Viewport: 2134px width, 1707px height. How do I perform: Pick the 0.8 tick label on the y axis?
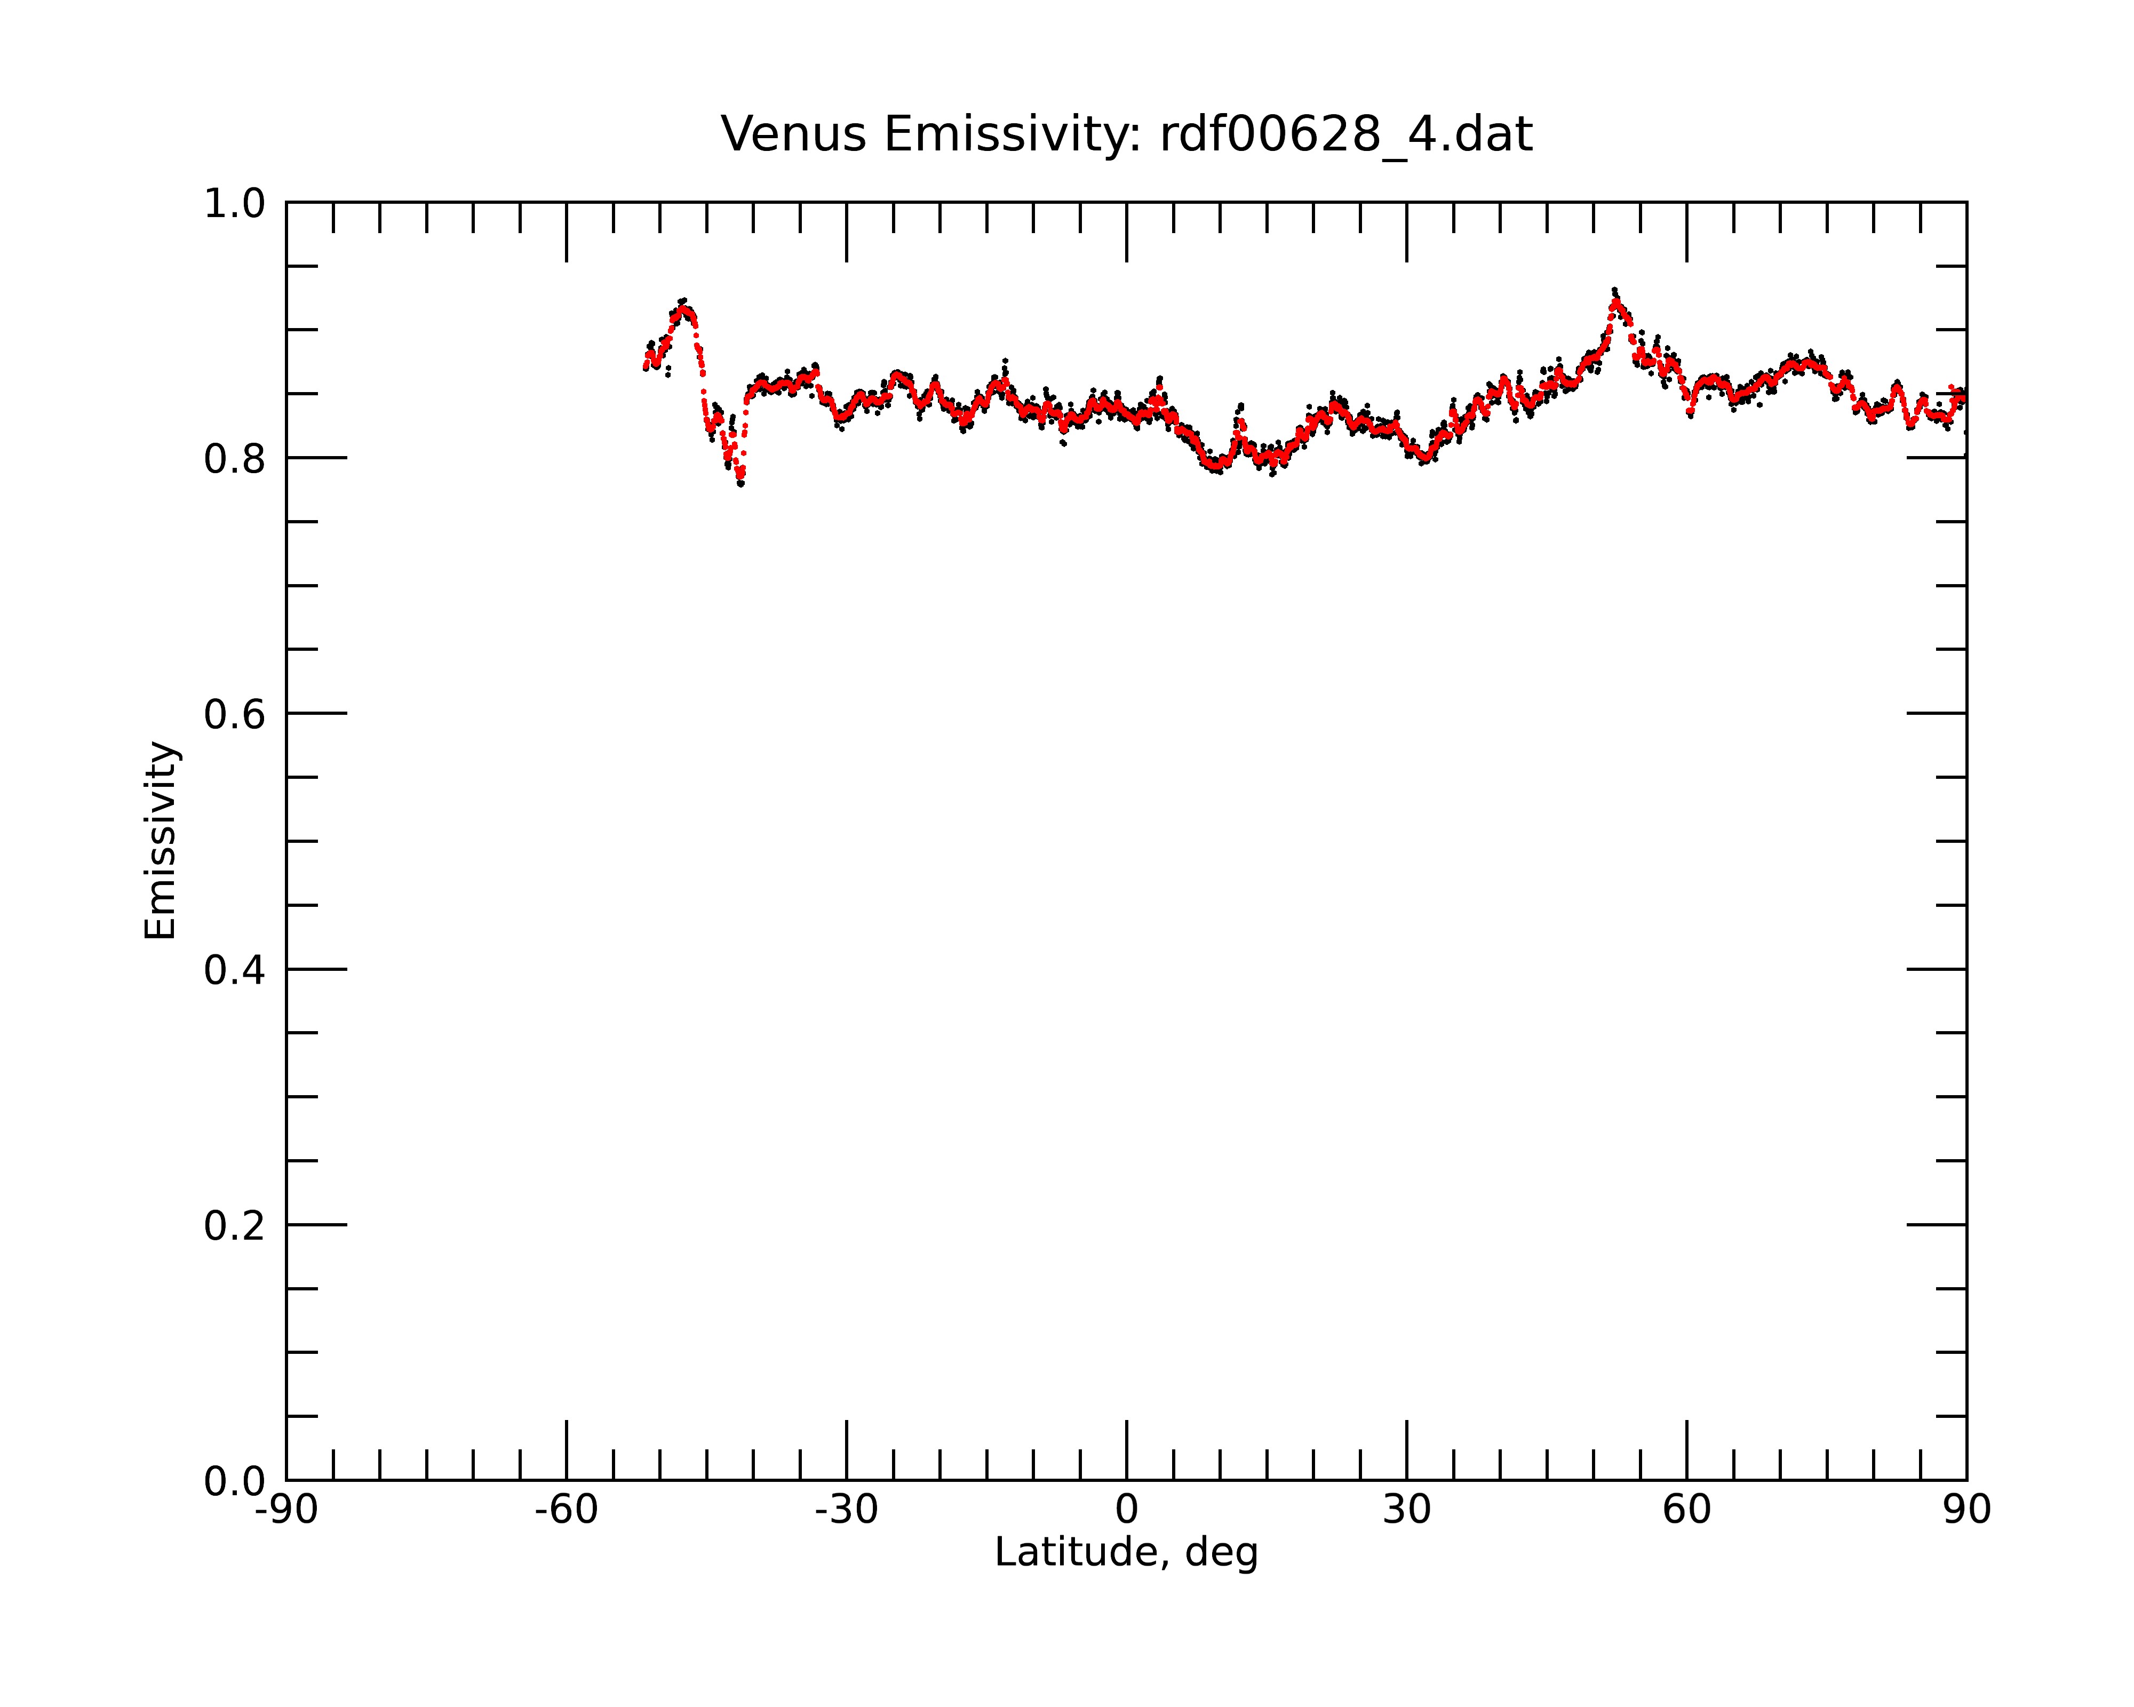235,459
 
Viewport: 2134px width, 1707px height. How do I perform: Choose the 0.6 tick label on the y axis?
235,714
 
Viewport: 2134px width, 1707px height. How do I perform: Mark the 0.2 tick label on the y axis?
235,1226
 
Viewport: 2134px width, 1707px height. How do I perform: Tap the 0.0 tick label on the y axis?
235,1481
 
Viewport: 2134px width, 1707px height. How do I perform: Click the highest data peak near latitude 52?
1614,291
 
